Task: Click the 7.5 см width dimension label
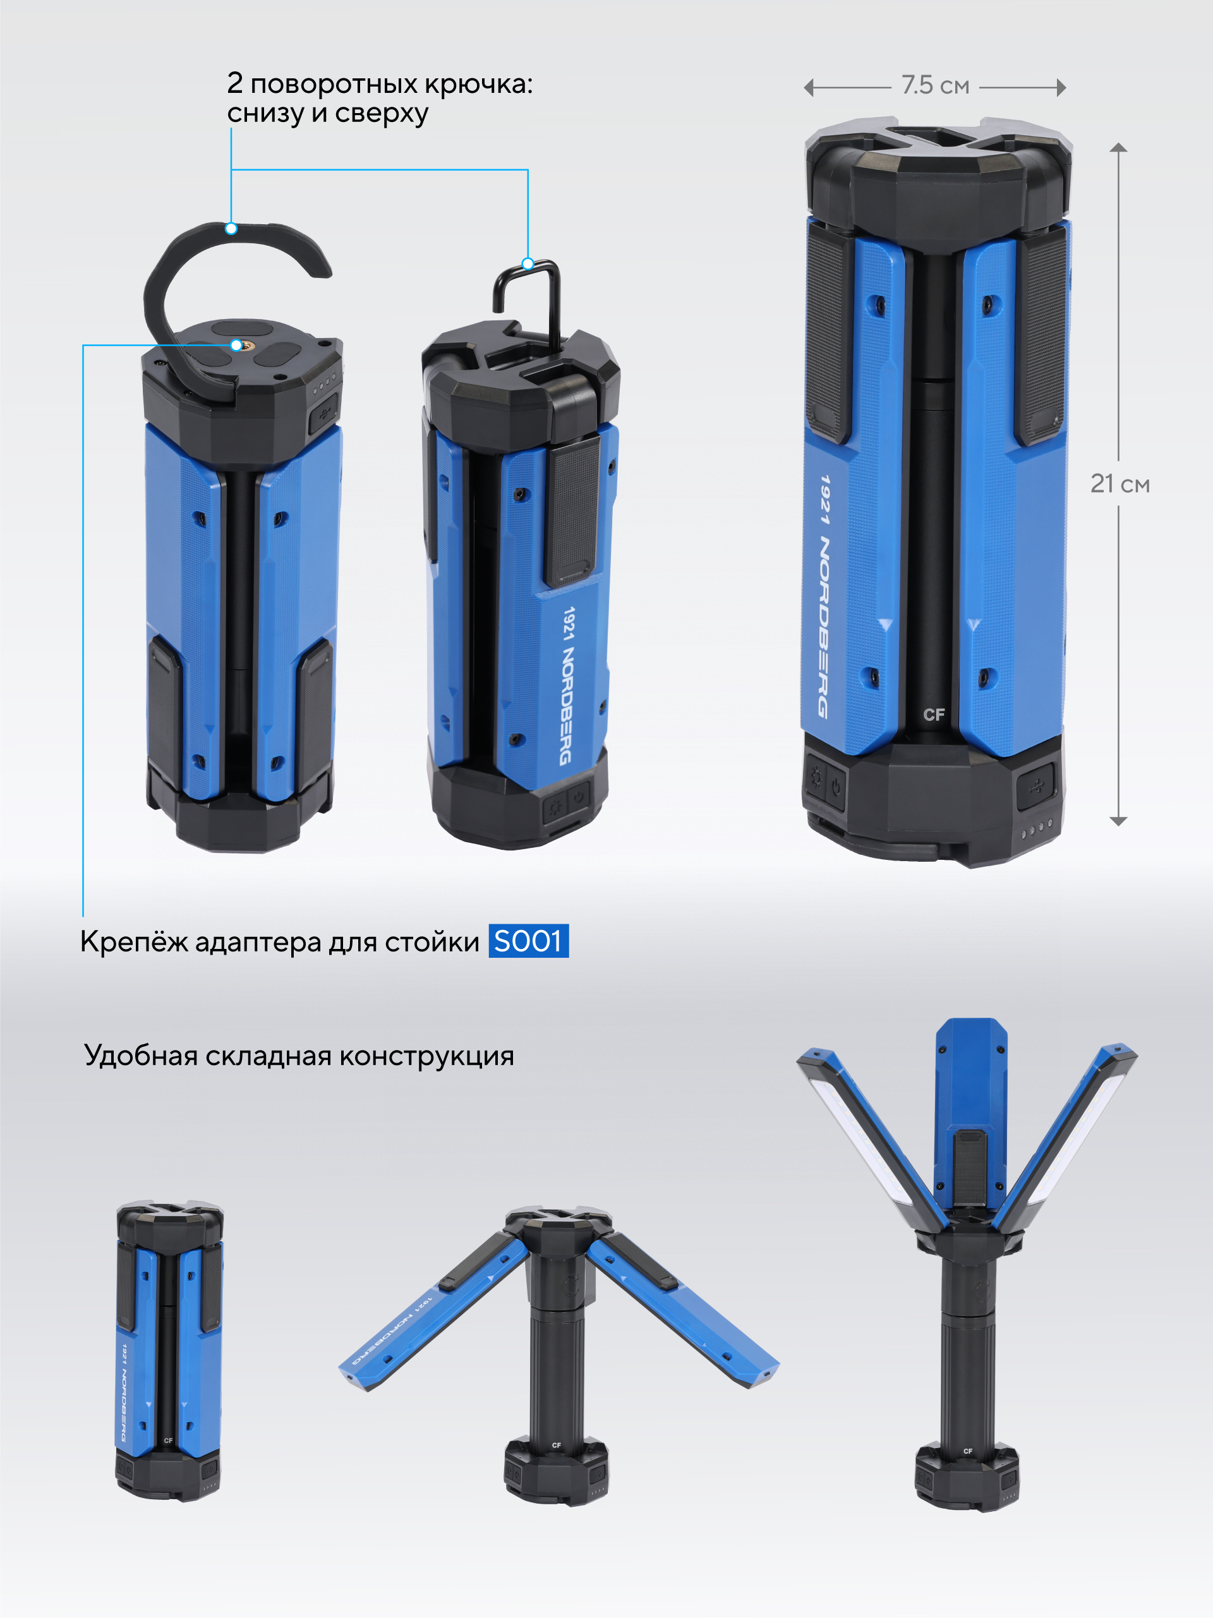(935, 85)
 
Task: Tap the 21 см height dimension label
(1119, 483)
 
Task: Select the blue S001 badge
(528, 941)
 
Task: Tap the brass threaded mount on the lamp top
(236, 345)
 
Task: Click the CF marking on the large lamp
(934, 715)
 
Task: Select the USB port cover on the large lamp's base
(1035, 785)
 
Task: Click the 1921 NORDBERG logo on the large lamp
(825, 596)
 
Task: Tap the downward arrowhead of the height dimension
(1118, 821)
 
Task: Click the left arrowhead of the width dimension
(809, 88)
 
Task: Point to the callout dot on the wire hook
(528, 263)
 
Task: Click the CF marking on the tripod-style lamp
(556, 1446)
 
